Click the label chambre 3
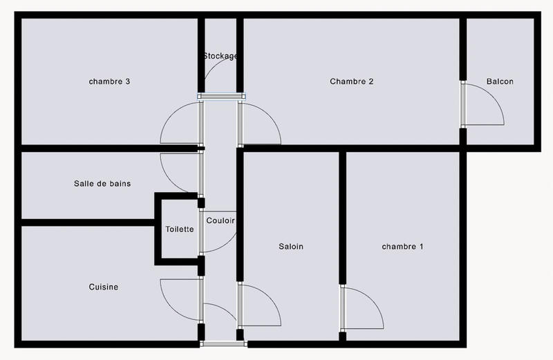pos(110,82)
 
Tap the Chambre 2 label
pos(351,82)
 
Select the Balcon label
pos(500,82)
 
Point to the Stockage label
pos(221,56)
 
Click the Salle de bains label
pos(102,184)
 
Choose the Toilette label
pos(180,229)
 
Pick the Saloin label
pos(291,247)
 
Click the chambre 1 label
pos(402,247)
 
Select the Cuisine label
pos(103,287)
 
